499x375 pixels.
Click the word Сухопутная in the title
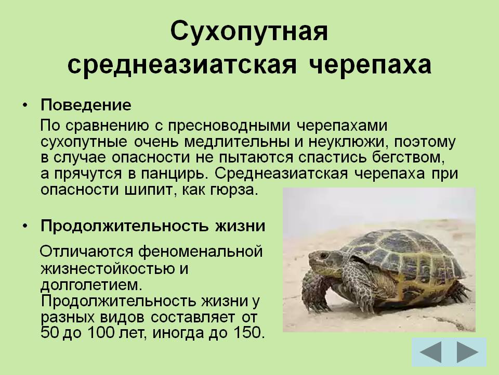pos(249,32)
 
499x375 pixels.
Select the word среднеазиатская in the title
pos(182,66)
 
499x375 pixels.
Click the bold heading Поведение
pos(86,105)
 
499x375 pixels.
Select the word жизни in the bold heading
pos(240,226)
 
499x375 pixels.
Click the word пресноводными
pos(229,126)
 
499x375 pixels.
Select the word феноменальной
pos(201,252)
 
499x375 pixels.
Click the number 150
pos(249,333)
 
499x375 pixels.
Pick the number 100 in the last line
pos(100,333)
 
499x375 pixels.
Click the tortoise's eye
pos(324,255)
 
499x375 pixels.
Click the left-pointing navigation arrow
pos(431,352)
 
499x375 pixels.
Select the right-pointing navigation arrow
pos(467,352)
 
